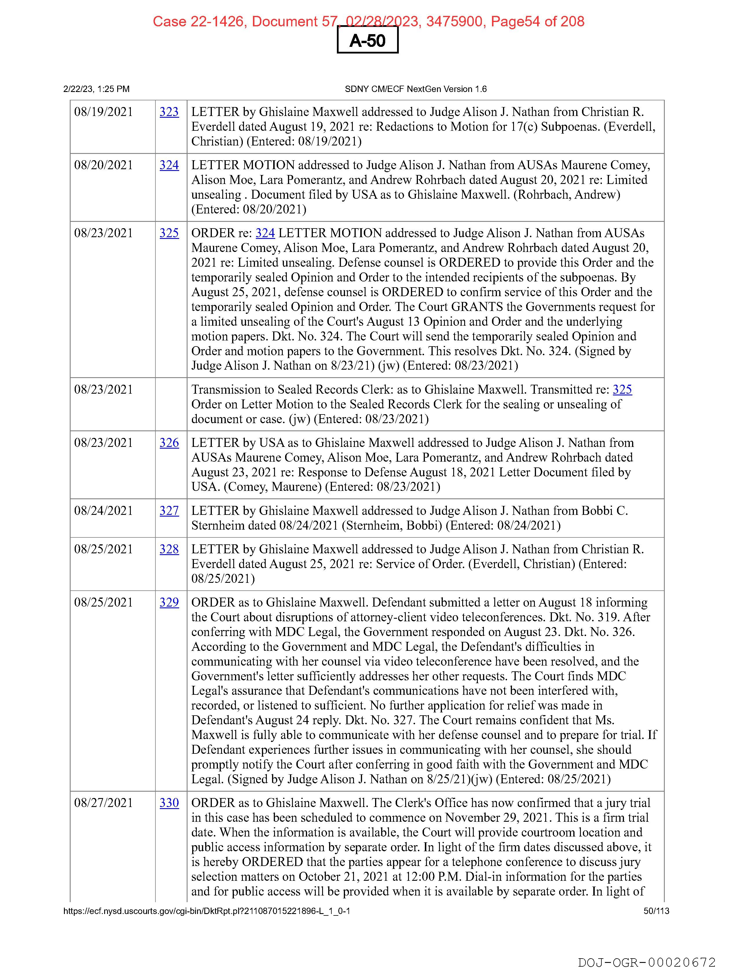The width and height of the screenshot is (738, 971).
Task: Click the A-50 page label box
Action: point(367,40)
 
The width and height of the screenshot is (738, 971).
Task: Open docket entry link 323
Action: point(169,112)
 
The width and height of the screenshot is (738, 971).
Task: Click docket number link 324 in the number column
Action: point(169,165)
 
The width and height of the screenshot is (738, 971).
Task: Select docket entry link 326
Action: point(169,443)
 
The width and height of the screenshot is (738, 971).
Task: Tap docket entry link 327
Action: point(169,511)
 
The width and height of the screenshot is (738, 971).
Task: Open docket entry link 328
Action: point(169,550)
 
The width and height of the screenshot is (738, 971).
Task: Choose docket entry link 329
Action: point(169,603)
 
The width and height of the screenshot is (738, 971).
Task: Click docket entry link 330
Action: point(169,803)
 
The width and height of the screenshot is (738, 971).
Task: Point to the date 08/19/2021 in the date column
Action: point(103,112)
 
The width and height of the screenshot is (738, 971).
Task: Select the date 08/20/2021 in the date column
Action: point(103,165)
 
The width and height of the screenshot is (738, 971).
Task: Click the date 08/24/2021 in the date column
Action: point(103,511)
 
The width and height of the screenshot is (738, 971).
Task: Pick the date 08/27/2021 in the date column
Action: point(103,803)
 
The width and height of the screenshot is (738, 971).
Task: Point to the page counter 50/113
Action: point(656,911)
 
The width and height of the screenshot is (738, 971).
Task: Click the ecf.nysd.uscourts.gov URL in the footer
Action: point(206,911)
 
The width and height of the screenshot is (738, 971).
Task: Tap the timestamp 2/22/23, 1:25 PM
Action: point(97,89)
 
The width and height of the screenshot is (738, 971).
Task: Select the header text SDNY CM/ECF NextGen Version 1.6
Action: point(416,89)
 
